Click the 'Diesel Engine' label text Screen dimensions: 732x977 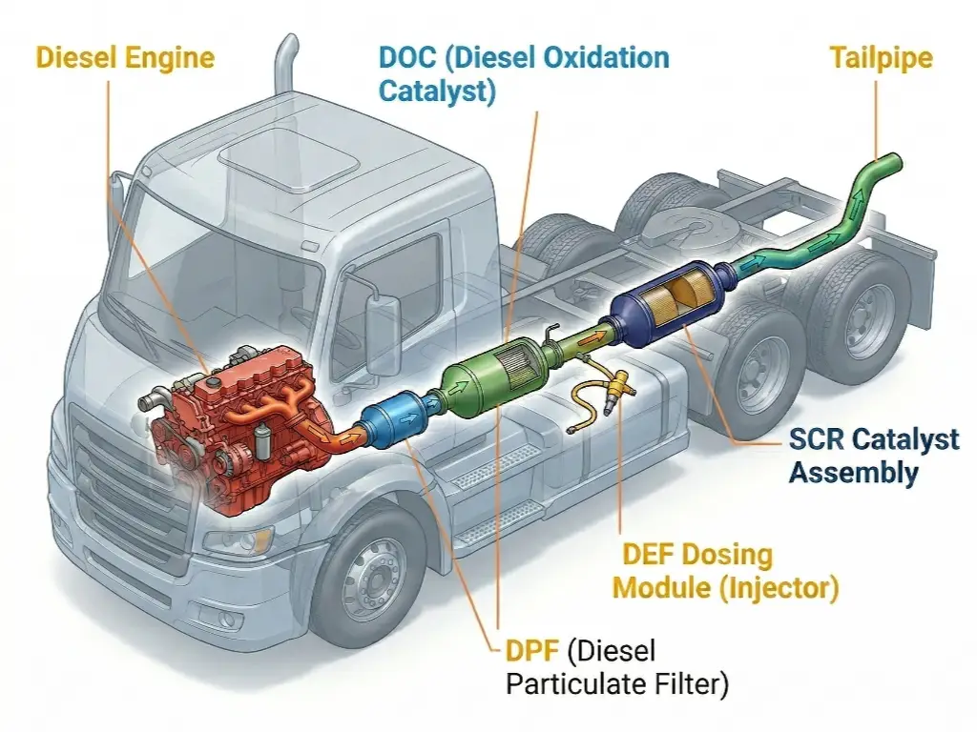point(124,57)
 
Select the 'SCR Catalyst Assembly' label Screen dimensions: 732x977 point(873,455)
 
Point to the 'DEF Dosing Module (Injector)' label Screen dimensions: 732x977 point(725,571)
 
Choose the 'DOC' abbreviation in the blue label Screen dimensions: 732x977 point(409,57)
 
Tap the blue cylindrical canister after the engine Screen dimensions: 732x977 point(391,419)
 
